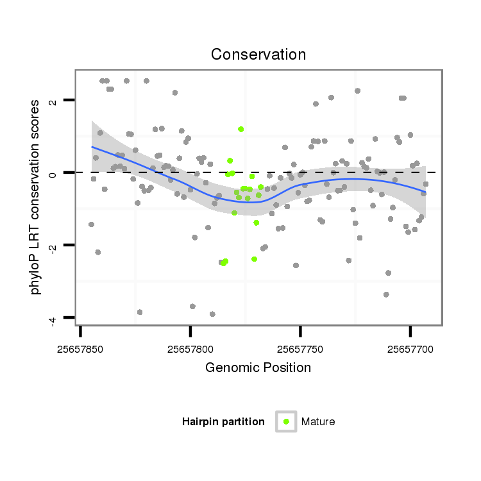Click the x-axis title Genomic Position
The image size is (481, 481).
pos(258,367)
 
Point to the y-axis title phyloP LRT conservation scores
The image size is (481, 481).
pos(36,198)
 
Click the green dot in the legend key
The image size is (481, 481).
pos(286,421)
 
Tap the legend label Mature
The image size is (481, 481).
pos(318,421)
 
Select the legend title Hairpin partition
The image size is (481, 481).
pos(223,421)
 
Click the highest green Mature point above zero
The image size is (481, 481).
pos(240,129)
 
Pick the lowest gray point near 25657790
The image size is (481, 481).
pos(212,314)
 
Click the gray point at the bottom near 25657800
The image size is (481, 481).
pos(192,307)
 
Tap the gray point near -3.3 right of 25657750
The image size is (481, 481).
pos(386,294)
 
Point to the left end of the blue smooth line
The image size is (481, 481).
pos(92,146)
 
